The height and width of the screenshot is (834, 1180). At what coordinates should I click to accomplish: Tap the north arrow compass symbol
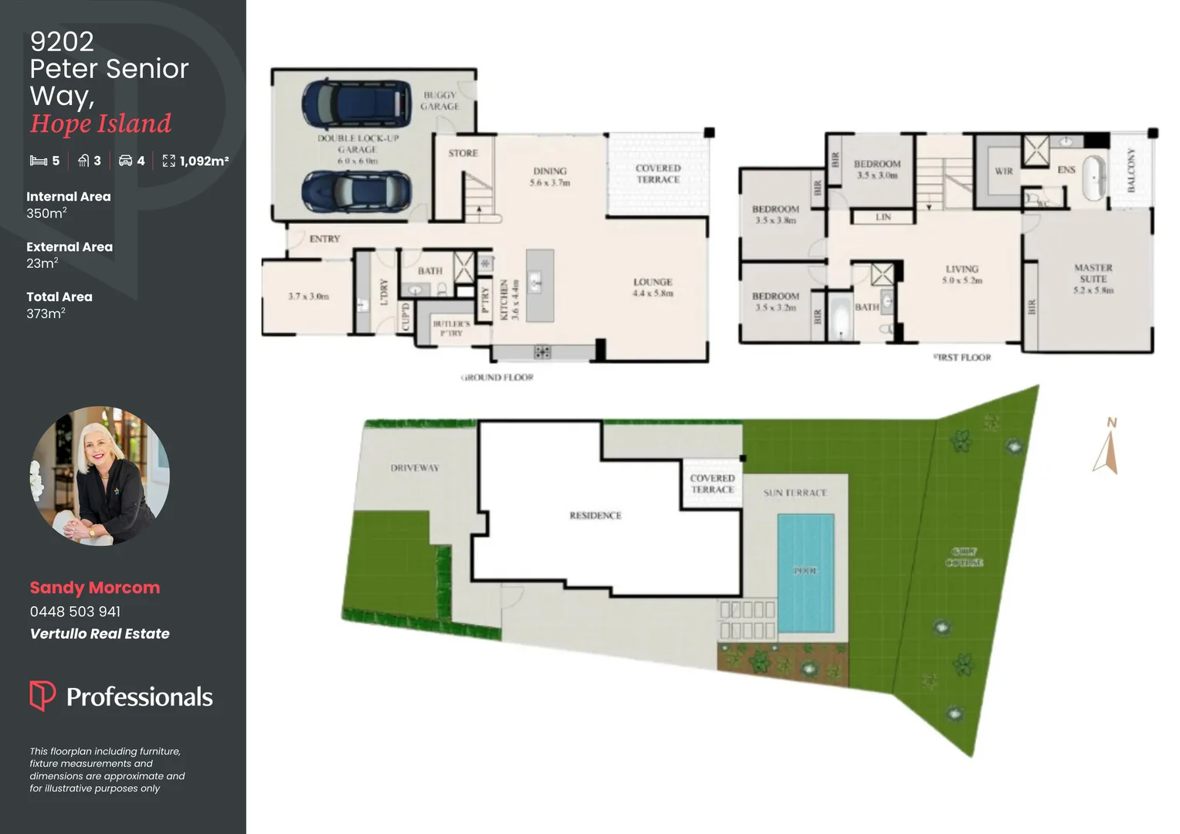(1106, 448)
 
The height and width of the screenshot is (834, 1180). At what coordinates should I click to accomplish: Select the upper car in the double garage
(354, 103)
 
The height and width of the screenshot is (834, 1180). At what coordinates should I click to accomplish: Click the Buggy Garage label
(439, 100)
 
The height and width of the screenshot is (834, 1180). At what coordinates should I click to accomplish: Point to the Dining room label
(550, 177)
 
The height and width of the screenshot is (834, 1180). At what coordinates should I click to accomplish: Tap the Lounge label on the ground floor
(653, 287)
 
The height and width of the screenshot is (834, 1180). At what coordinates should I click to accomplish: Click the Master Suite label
(1093, 279)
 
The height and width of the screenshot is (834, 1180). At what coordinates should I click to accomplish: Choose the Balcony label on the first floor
(1131, 170)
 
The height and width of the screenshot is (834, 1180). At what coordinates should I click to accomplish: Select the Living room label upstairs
(961, 274)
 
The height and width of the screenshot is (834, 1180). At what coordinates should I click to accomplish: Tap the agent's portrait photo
(100, 476)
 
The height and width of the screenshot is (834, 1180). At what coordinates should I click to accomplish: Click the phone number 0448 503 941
(75, 612)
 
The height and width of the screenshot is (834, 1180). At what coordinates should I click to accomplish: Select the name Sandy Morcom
(95, 588)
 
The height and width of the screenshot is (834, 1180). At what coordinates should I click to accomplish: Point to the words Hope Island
(100, 124)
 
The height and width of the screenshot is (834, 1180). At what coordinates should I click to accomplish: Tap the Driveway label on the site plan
(415, 468)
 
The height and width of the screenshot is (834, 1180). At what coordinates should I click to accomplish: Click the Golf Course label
(964, 557)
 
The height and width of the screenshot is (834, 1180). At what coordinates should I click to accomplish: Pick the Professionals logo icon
(42, 695)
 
